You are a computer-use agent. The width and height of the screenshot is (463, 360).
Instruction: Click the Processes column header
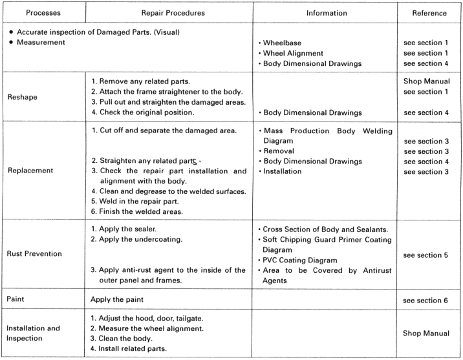(x=43, y=13)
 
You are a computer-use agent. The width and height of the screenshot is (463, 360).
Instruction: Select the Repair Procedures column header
(x=173, y=13)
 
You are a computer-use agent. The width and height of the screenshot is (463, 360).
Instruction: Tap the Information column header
(x=327, y=13)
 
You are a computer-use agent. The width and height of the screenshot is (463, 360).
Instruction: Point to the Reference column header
(x=429, y=13)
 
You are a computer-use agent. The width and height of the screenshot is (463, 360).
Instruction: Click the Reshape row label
(x=23, y=98)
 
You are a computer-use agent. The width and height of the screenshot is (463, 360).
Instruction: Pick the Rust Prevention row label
(x=35, y=254)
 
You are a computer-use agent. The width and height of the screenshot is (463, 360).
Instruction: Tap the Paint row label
(x=16, y=299)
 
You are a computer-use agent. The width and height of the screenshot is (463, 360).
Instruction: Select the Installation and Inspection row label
(x=34, y=333)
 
